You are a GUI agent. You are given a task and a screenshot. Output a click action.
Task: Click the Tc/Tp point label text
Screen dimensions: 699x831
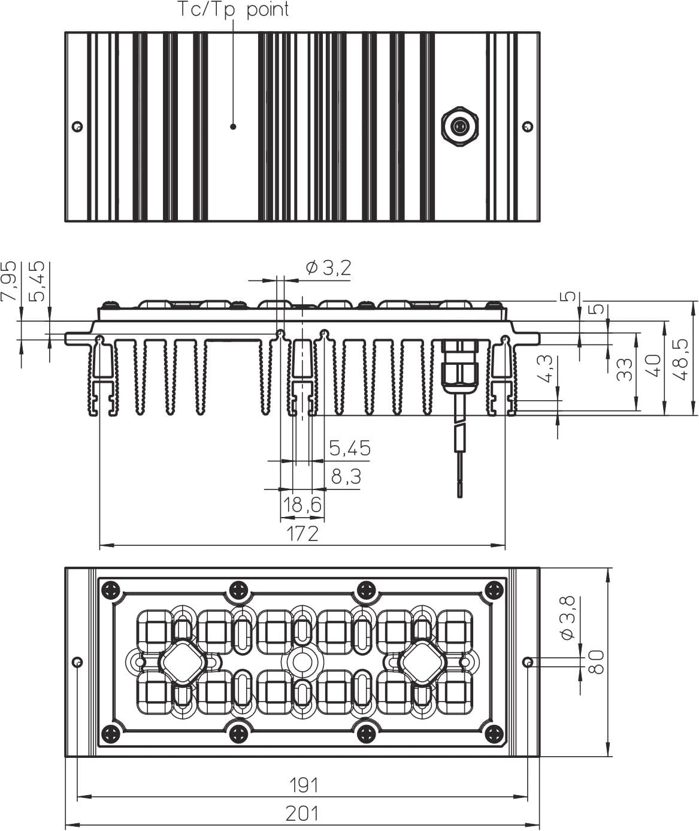(x=233, y=10)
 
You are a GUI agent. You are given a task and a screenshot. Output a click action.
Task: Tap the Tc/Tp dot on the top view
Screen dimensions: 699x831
(x=233, y=126)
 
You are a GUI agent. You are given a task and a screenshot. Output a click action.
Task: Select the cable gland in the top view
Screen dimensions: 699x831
(x=459, y=127)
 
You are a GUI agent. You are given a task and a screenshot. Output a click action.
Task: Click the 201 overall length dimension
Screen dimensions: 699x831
(x=302, y=814)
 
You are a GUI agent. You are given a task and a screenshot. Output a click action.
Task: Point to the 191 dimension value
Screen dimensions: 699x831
(x=304, y=785)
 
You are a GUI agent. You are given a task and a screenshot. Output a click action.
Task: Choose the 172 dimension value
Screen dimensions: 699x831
(x=302, y=534)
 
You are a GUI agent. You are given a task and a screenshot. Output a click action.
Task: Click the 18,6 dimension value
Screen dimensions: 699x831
(x=302, y=504)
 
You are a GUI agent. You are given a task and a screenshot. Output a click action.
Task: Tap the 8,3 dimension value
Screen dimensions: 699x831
(x=346, y=476)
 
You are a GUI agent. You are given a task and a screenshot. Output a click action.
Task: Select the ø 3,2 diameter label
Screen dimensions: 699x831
(x=329, y=268)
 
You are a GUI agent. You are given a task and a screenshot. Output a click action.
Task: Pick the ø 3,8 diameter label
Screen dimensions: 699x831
(x=568, y=617)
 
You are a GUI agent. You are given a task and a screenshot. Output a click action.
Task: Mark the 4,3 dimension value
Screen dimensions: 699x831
(x=547, y=368)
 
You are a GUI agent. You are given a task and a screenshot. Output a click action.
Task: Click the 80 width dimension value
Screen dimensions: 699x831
(x=596, y=662)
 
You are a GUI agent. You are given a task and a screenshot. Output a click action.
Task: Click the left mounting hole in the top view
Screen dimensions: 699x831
(x=78, y=127)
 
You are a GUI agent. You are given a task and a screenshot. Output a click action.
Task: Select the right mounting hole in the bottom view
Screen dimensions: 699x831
(x=528, y=662)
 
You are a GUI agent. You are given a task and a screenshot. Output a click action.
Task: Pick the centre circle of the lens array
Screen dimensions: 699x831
(x=302, y=662)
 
